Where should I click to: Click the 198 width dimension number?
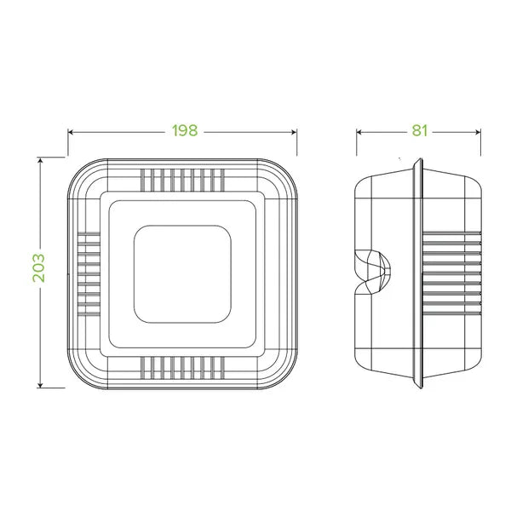183,131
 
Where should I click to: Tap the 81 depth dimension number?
418,131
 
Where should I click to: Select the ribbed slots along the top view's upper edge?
182,179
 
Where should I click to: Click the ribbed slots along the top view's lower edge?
182,367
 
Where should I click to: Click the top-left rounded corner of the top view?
81,170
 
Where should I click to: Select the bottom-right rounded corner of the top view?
284,376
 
